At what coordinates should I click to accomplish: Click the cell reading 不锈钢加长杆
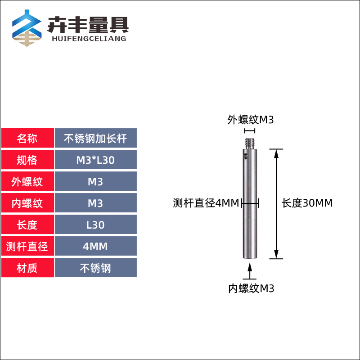click(95, 139)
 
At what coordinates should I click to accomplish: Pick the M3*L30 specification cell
click(95, 160)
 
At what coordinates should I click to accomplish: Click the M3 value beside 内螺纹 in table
click(95, 203)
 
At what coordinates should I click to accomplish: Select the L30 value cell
click(95, 225)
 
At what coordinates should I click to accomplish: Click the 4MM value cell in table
click(95, 247)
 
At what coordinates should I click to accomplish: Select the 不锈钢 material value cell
click(95, 268)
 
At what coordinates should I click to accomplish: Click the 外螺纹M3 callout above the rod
click(250, 120)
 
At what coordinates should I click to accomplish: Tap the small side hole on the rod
click(246, 155)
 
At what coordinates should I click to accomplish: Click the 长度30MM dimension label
click(307, 203)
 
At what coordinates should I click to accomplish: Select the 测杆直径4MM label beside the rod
click(206, 203)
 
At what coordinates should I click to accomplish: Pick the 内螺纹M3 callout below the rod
click(251, 288)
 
